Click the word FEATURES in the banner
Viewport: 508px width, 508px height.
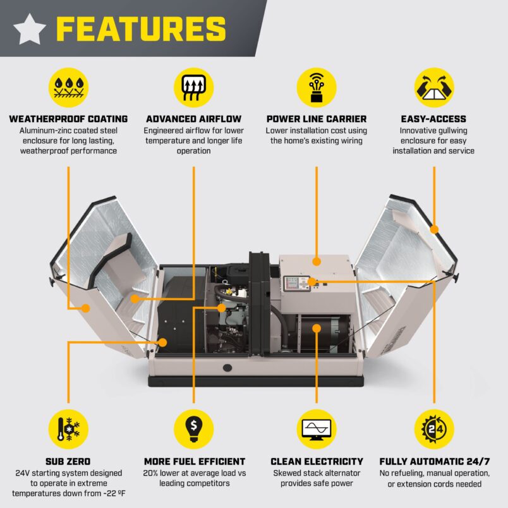(140, 29)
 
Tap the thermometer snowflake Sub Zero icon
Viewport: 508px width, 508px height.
(68, 429)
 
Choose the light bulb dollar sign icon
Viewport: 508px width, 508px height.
(193, 429)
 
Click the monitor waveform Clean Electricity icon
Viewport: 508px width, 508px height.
(316, 429)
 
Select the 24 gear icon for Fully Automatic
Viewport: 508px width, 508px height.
(433, 429)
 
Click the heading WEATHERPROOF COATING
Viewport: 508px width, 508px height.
(68, 119)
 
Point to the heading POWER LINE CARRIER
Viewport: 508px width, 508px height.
(316, 119)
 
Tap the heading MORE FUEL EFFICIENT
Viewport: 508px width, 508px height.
(194, 461)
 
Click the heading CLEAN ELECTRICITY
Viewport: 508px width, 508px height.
(317, 461)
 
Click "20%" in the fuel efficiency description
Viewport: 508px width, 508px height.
(153, 473)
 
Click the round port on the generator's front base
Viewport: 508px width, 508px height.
(226, 366)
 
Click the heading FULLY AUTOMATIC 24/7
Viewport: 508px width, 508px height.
(434, 461)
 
